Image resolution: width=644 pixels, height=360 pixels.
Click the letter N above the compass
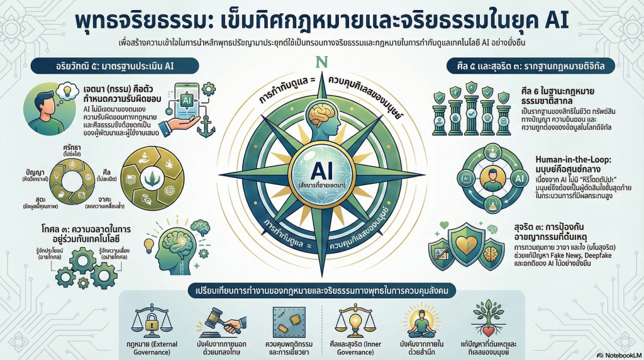coord(322,64)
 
